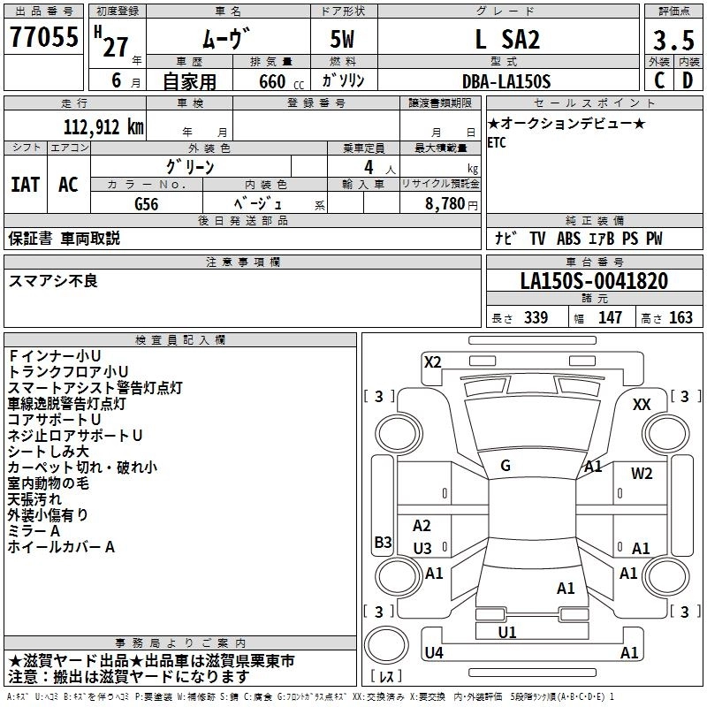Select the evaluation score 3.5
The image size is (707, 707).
pyautogui.click(x=673, y=41)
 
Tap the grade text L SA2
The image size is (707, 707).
pyautogui.click(x=506, y=41)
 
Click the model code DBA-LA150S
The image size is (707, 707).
pyautogui.click(x=506, y=81)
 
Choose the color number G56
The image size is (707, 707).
pyautogui.click(x=146, y=203)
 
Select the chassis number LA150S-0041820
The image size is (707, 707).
pyautogui.click(x=594, y=281)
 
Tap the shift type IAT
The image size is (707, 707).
pyautogui.click(x=25, y=184)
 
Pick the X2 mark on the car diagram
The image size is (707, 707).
pyautogui.click(x=432, y=361)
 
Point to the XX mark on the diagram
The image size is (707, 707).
pyautogui.click(x=642, y=404)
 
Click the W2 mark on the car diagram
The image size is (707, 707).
pyautogui.click(x=642, y=473)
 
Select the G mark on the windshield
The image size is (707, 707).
pyautogui.click(x=506, y=465)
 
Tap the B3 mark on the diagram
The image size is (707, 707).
pyautogui.click(x=383, y=542)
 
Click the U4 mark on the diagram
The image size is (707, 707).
pyautogui.click(x=434, y=652)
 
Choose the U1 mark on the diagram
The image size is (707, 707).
pyautogui.click(x=506, y=632)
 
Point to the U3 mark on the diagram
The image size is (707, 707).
pyautogui.click(x=422, y=548)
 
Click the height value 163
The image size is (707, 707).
pyautogui.click(x=680, y=317)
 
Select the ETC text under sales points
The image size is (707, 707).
pyautogui.click(x=497, y=143)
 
